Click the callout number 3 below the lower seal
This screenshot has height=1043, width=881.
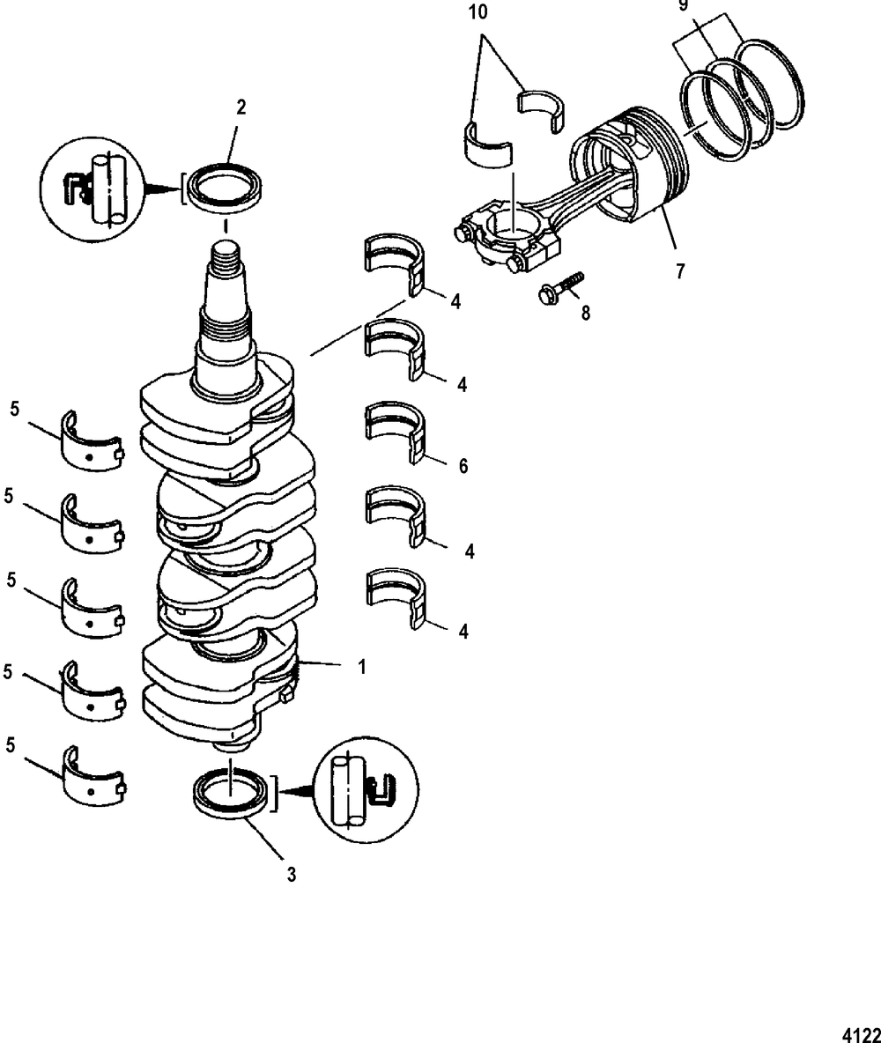point(292,875)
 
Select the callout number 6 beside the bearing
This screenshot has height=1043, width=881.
point(463,465)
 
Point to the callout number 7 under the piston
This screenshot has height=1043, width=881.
point(678,271)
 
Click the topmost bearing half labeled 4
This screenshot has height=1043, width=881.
point(395,263)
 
